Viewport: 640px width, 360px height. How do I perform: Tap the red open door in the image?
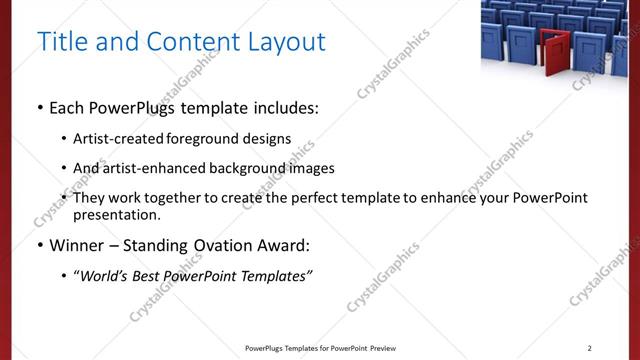[x=551, y=52]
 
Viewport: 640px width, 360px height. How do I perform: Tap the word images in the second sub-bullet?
[x=308, y=168]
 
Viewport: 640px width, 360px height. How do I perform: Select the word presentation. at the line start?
[x=116, y=214]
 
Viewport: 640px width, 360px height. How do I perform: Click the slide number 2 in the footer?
[x=589, y=348]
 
